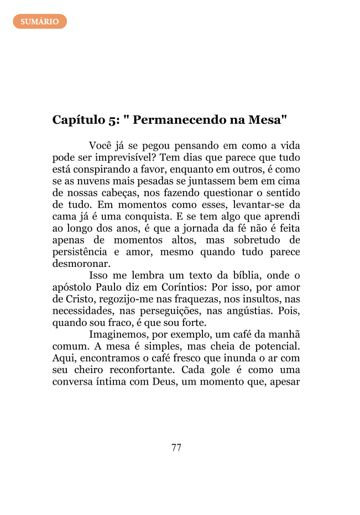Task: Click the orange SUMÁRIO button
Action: coord(40,22)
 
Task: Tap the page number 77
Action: coord(176,448)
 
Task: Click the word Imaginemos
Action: coord(116,334)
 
